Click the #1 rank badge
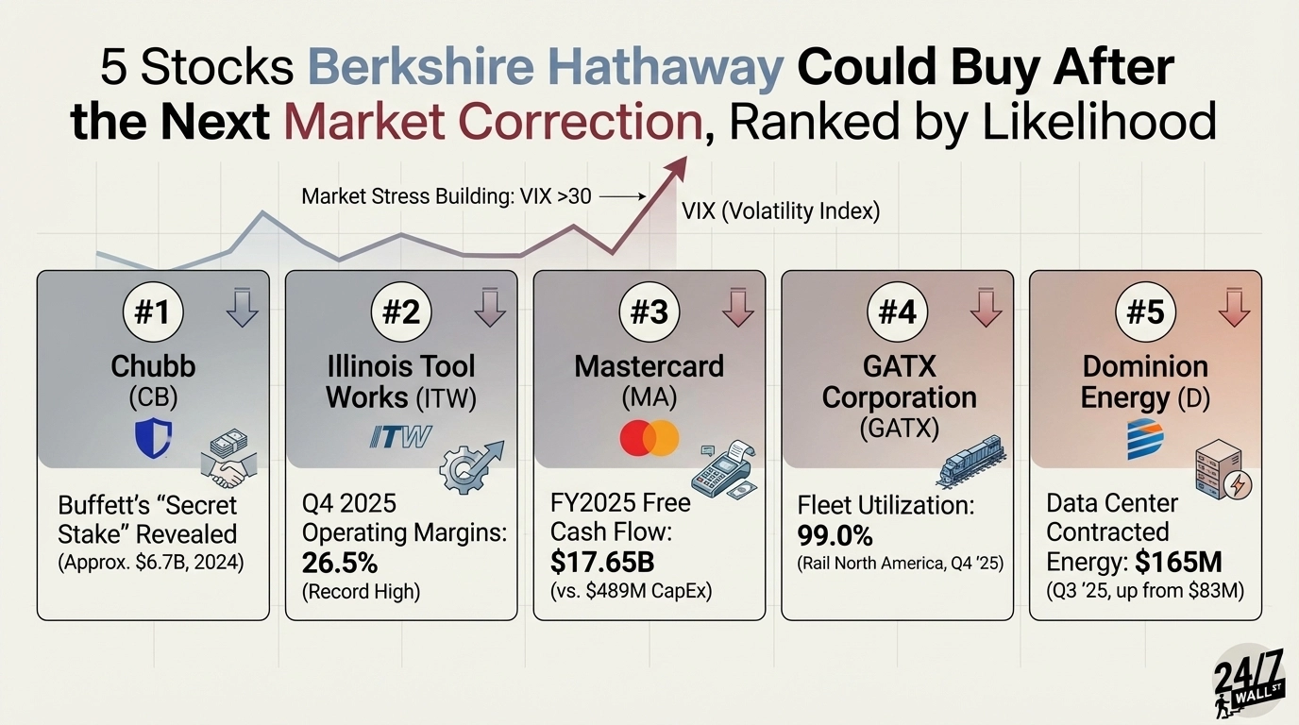pyautogui.click(x=153, y=312)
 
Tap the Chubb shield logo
pyautogui.click(x=153, y=439)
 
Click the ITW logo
pyautogui.click(x=400, y=435)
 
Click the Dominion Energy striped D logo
pyautogui.click(x=1145, y=439)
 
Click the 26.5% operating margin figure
pyautogui.click(x=340, y=564)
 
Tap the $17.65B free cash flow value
pyautogui.click(x=600, y=564)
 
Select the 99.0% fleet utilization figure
pyautogui.click(x=835, y=536)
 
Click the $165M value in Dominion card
pyautogui.click(x=1178, y=564)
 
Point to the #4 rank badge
pyautogui.click(x=897, y=312)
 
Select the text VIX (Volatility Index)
pyautogui.click(x=780, y=211)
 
